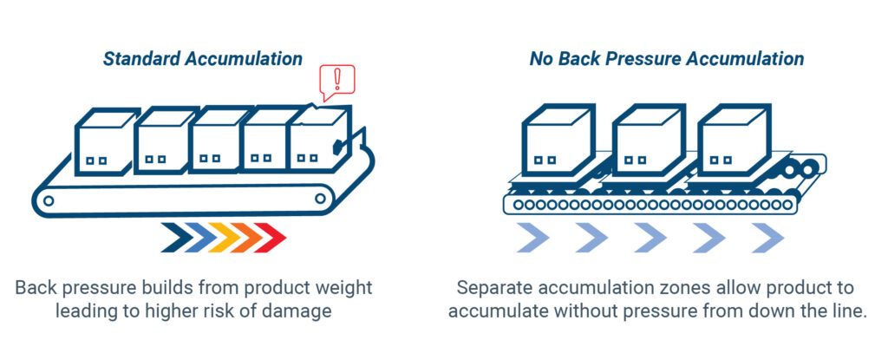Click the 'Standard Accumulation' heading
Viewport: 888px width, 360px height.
point(203,59)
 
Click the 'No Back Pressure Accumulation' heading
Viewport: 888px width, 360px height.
point(666,59)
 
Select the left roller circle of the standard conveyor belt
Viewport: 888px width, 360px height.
point(49,200)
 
